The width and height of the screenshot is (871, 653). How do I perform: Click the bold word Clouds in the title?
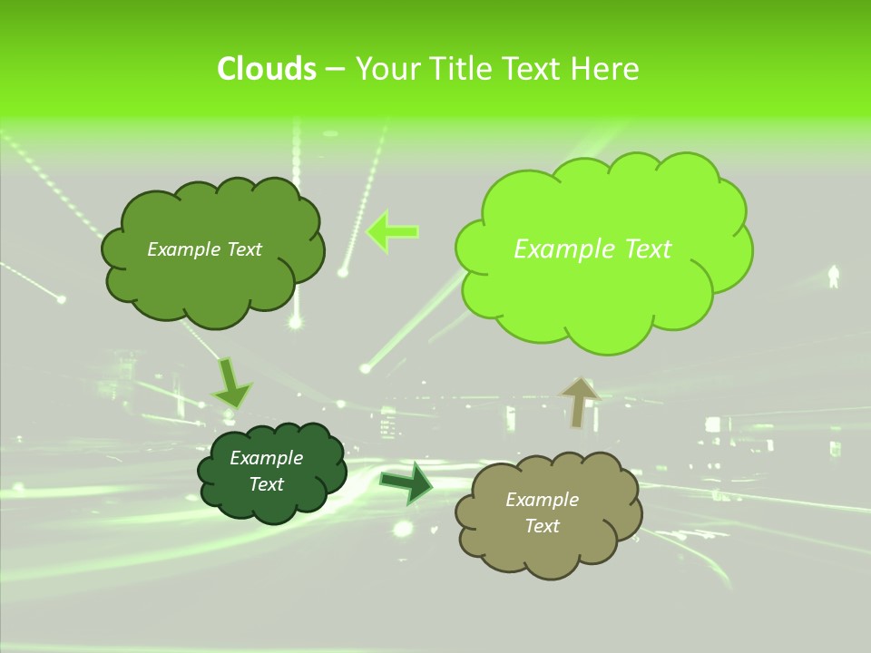[266, 69]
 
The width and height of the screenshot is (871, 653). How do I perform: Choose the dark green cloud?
[272, 503]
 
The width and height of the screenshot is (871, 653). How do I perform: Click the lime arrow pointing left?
[392, 231]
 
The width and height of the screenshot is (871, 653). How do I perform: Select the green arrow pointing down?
[230, 384]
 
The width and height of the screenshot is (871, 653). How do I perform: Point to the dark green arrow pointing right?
[406, 483]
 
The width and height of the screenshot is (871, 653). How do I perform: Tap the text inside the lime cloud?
[592, 249]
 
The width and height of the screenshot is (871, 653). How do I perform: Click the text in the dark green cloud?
[266, 472]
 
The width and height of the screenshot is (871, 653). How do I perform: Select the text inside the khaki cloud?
[542, 512]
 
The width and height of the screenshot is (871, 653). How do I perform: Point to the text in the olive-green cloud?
[204, 249]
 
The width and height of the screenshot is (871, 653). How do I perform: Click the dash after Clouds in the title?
[334, 69]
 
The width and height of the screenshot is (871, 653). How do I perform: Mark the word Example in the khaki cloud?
[542, 500]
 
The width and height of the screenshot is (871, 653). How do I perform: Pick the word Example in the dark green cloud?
[266, 458]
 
